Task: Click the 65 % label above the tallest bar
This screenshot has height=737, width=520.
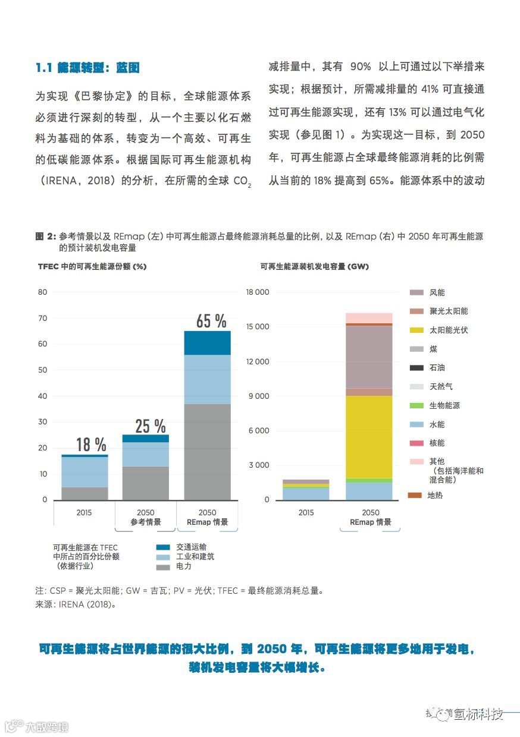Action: [211, 322]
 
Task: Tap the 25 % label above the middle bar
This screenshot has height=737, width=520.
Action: [150, 426]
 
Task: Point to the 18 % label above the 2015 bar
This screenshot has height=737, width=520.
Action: [91, 445]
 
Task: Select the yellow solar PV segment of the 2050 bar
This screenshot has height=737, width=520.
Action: [369, 436]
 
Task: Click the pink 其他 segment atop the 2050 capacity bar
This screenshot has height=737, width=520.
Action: [369, 318]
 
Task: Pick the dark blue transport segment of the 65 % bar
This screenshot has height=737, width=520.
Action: [207, 343]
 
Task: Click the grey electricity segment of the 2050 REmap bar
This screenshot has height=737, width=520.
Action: [207, 452]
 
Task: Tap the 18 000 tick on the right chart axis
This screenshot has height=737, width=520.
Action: [257, 292]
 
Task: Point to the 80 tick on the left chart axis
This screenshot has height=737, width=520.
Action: [42, 292]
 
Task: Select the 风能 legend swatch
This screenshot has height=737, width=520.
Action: [416, 292]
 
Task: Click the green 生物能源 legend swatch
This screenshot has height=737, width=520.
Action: [416, 405]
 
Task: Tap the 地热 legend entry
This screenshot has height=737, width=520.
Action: [434, 495]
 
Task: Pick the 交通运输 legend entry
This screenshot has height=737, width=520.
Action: [191, 547]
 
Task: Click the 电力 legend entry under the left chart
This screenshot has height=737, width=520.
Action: [183, 567]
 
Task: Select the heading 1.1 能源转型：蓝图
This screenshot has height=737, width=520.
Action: [87, 68]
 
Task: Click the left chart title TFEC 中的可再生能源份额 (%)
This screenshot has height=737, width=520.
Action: [92, 267]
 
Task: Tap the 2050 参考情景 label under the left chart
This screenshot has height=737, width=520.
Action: [145, 517]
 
